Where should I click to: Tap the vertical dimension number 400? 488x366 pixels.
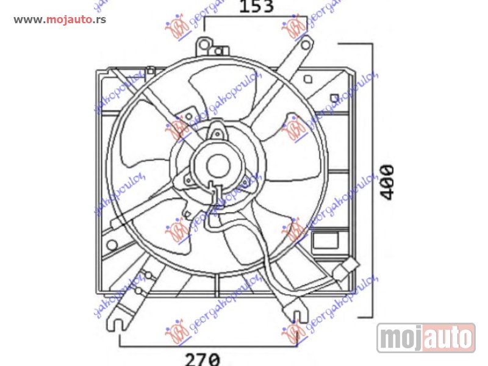(387, 181)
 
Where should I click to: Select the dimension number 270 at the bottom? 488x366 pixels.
(203, 359)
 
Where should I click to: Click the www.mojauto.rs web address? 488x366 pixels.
(60, 20)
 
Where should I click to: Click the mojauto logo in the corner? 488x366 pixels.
(426, 337)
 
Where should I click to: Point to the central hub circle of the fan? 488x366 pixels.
(216, 165)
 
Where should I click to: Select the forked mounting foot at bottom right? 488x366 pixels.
(297, 316)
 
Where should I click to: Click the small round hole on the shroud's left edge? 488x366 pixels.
(112, 245)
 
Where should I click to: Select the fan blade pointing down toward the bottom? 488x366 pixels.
(238, 250)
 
